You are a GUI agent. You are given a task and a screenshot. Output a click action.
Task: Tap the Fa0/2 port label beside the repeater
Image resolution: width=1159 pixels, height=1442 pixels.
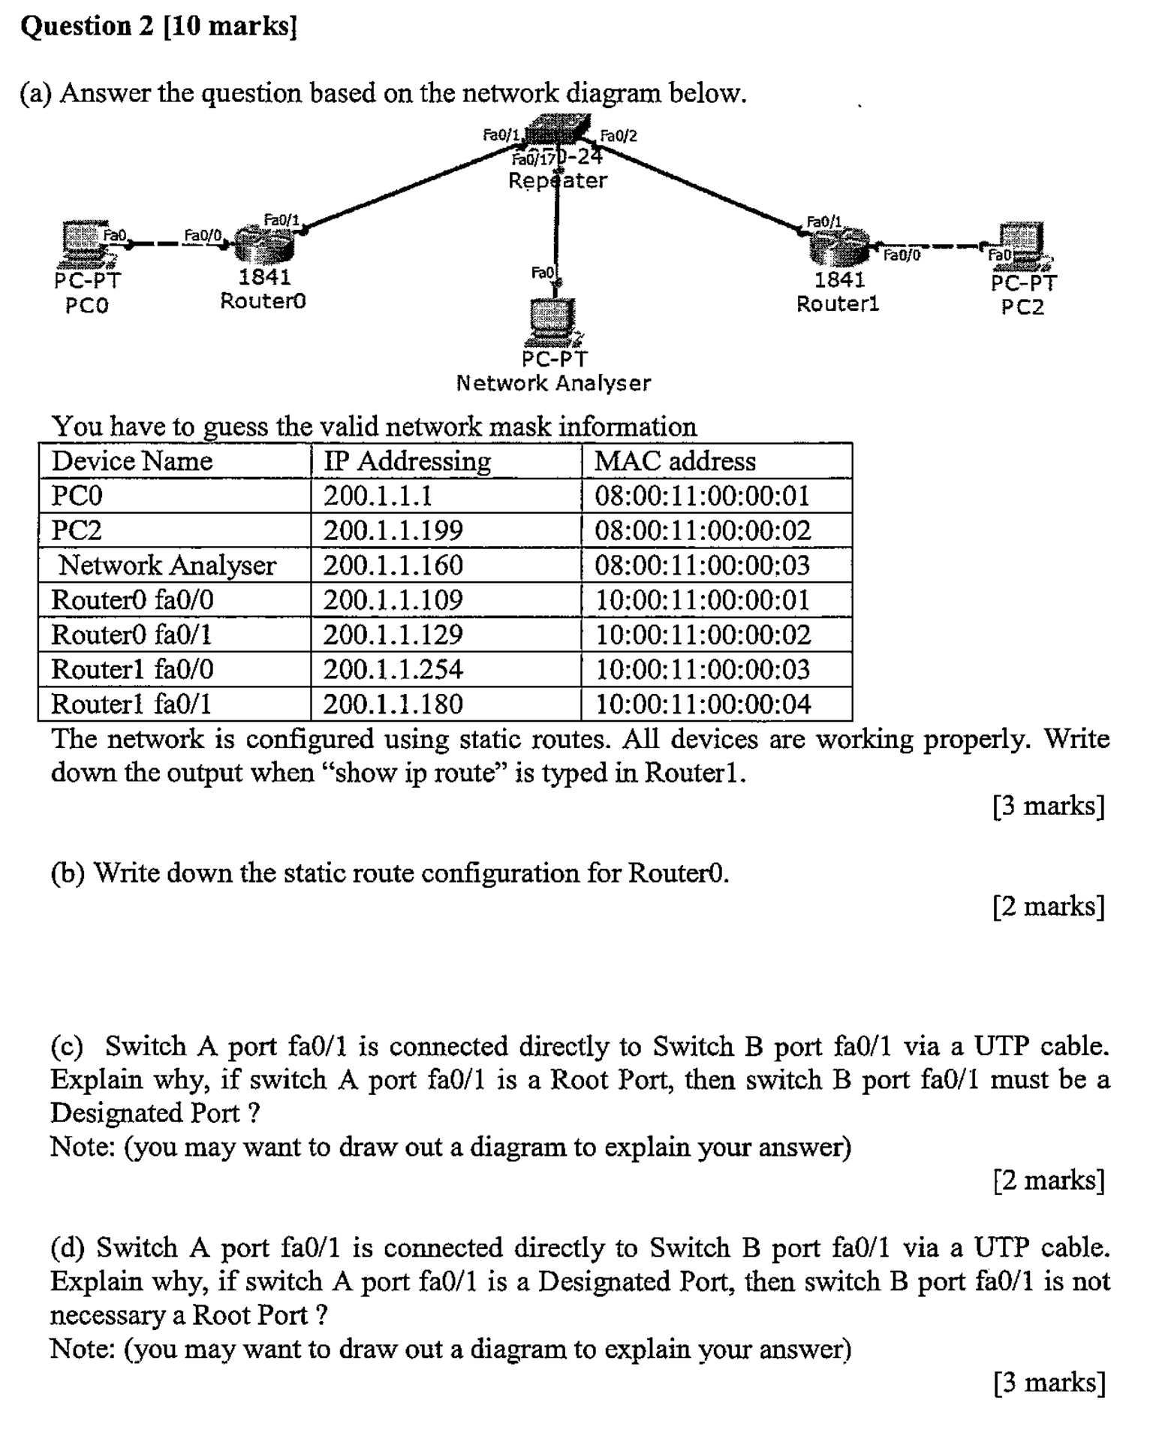coord(619,136)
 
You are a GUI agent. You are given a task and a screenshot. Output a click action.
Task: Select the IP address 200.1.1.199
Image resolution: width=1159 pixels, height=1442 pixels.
coord(393,531)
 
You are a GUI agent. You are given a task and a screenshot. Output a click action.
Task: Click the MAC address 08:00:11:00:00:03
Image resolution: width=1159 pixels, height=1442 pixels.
coord(702,566)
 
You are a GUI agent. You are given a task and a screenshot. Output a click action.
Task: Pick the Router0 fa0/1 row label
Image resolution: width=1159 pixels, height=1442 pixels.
coord(131,635)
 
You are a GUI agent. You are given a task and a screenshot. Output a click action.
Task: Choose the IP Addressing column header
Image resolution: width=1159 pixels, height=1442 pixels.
coord(407,461)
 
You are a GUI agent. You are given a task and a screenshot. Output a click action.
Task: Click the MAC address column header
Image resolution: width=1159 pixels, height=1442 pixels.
coord(675,461)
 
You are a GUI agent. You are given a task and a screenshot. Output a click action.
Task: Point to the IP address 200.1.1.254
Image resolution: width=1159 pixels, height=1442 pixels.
coord(393,669)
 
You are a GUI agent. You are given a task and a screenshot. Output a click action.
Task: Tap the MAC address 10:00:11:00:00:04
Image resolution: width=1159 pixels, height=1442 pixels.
coord(703,704)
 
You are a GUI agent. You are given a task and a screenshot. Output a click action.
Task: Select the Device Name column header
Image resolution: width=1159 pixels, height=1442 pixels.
coord(131,461)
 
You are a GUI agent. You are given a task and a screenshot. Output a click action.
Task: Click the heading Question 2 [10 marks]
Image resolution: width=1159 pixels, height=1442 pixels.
coord(159,26)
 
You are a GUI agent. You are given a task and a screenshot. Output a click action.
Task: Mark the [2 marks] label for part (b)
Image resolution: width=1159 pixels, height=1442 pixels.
coord(1048,906)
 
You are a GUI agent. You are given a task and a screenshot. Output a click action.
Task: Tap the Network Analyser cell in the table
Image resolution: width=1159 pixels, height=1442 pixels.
coord(167,566)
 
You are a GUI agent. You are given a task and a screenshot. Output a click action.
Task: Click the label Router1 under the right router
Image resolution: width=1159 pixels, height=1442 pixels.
coord(837,304)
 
